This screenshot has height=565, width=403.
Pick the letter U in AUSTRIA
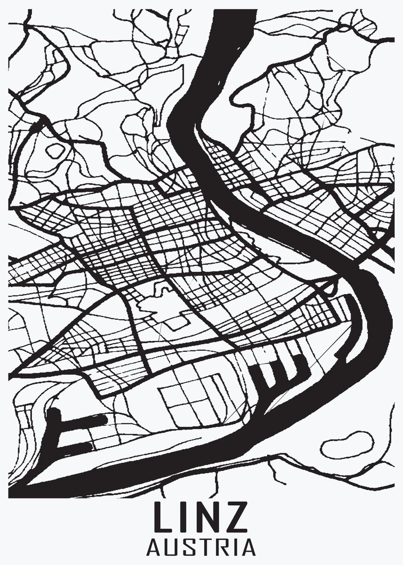[x=172, y=548]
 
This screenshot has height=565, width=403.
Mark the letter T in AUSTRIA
[x=205, y=548]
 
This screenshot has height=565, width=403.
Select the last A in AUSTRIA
[x=247, y=548]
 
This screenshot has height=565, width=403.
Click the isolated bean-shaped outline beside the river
[x=347, y=444]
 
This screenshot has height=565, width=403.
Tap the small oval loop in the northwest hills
[x=55, y=151]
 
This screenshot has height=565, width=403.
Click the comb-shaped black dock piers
[x=277, y=370]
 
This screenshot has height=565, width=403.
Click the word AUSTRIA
[x=201, y=548]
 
